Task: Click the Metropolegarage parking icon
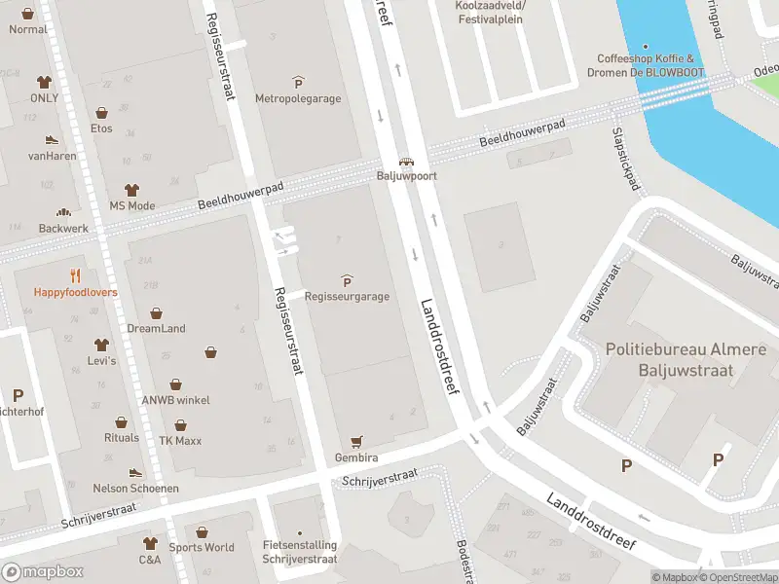point(298,82)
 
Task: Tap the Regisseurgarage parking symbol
point(347,280)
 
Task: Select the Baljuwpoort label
point(406,177)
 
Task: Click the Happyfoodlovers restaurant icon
point(76,275)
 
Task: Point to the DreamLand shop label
point(156,329)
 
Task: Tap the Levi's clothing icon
point(101,345)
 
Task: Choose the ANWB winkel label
point(175,400)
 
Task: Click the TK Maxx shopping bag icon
point(181,425)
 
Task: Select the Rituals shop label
point(122,438)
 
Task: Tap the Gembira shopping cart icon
point(357,441)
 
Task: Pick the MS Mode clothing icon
point(131,190)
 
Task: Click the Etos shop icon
point(102,113)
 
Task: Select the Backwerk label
point(63,228)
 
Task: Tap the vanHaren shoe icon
point(52,140)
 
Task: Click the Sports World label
point(202,547)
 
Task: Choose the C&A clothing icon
point(150,543)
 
